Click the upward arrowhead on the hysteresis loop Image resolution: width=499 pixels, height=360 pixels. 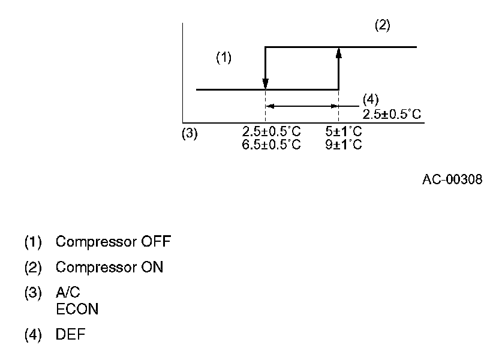click(x=339, y=53)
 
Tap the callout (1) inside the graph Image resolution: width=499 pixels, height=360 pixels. click(x=224, y=58)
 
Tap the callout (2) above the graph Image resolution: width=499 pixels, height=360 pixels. click(x=383, y=26)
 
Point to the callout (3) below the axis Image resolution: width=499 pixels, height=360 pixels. click(x=190, y=134)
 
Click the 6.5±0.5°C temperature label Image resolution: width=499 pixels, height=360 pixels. click(x=272, y=145)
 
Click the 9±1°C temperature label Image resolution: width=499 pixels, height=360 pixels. click(x=344, y=145)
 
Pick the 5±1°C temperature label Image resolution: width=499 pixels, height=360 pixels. click(x=344, y=131)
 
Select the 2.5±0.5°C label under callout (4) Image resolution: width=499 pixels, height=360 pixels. click(x=392, y=113)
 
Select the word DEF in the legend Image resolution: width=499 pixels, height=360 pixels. click(x=70, y=335)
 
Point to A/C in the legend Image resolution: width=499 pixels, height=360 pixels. click(x=67, y=292)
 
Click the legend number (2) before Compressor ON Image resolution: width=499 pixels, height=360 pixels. click(x=33, y=268)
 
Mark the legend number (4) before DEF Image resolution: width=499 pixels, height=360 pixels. click(x=33, y=335)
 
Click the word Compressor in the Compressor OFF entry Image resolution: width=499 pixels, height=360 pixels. click(x=95, y=242)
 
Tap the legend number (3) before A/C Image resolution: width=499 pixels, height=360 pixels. click(x=33, y=292)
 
